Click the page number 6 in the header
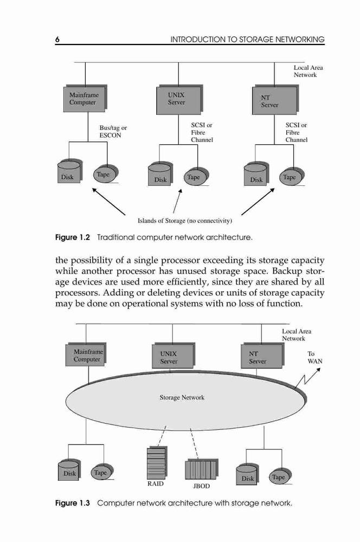(x=57, y=40)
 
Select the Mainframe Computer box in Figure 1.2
(x=85, y=99)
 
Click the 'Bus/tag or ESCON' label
(x=113, y=132)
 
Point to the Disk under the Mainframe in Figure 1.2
(x=69, y=171)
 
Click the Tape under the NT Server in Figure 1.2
(x=292, y=177)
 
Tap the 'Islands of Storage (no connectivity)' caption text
(x=185, y=221)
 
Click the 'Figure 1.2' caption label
(x=72, y=237)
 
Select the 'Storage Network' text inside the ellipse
(x=182, y=397)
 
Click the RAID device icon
(x=157, y=463)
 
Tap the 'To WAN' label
(x=314, y=357)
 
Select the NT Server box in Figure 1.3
(x=262, y=356)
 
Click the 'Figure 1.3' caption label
(x=72, y=503)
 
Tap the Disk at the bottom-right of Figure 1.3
(x=247, y=474)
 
